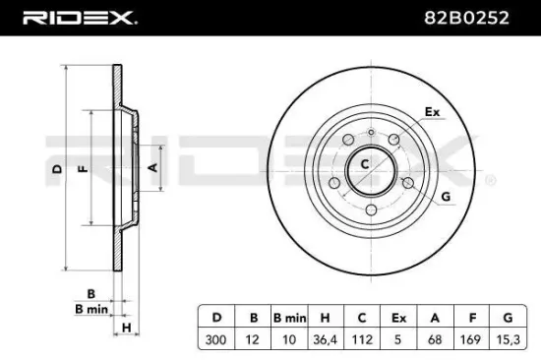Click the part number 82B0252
(481, 19)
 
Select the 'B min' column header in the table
(289, 317)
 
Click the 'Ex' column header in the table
(398, 317)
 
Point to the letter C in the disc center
(363, 164)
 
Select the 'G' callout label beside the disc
(446, 197)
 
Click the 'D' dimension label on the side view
(57, 169)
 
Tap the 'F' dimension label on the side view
(84, 169)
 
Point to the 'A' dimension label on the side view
(152, 169)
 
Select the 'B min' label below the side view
(91, 309)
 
